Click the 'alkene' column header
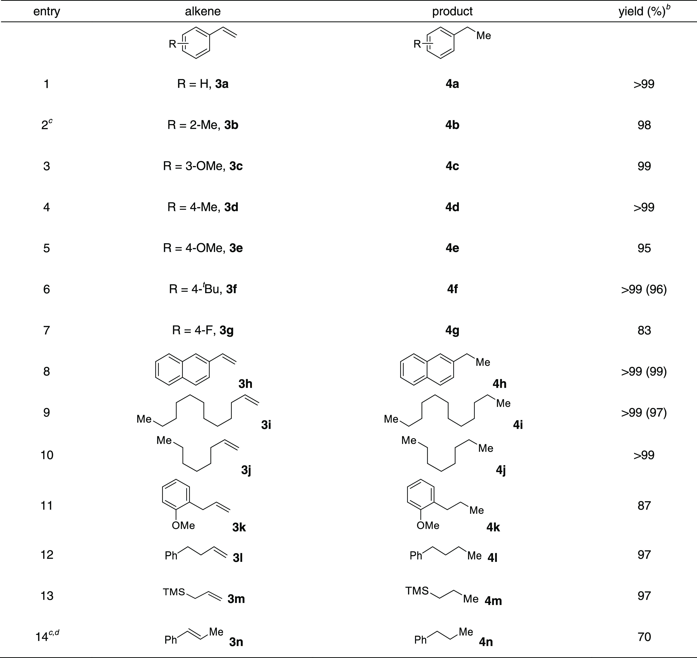203,12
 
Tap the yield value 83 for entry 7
644,330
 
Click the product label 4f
452,289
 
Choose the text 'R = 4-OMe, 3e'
203,248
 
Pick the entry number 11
47,505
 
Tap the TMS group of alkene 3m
174,592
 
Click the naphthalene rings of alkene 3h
182,371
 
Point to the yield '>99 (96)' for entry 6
644,289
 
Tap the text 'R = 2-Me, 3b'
203,125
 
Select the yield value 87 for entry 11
644,505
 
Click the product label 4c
452,166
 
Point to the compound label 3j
246,470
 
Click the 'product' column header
452,12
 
